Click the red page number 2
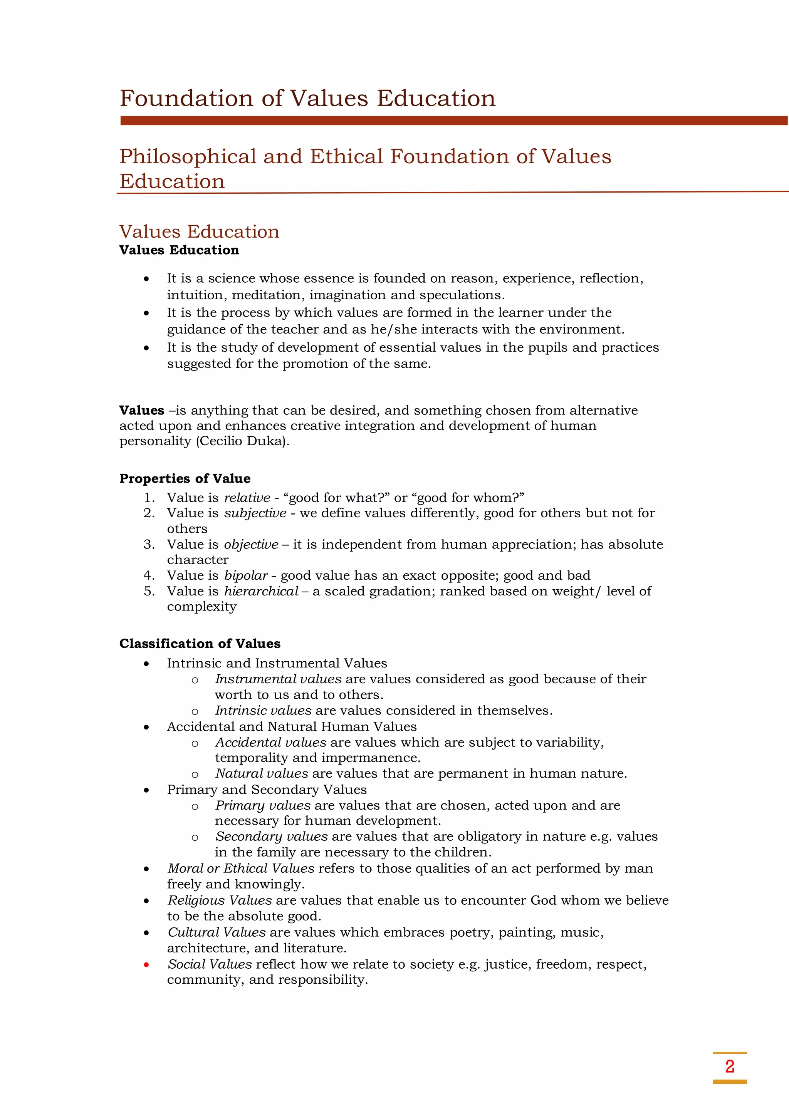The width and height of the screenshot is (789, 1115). coord(729,1067)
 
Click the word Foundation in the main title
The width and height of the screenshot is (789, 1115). coord(186,99)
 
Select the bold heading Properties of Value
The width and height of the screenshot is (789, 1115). coord(185,479)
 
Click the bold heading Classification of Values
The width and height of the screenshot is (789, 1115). coord(200,644)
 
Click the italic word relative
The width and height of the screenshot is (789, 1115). coord(247,498)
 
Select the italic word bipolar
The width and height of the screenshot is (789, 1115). coord(245,575)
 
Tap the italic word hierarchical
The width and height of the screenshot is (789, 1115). coord(261,591)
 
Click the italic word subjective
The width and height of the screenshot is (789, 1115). coord(255,513)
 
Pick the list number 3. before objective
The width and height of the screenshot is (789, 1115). coord(149,544)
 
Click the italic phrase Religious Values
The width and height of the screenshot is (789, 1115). coord(220,900)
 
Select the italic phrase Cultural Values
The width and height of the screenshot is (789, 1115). coord(217,932)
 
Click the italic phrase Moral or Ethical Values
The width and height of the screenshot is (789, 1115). coord(241,868)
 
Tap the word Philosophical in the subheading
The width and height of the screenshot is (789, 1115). coord(188,157)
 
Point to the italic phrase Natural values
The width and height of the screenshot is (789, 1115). coord(261,774)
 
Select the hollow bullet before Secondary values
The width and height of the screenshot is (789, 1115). coord(195,838)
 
